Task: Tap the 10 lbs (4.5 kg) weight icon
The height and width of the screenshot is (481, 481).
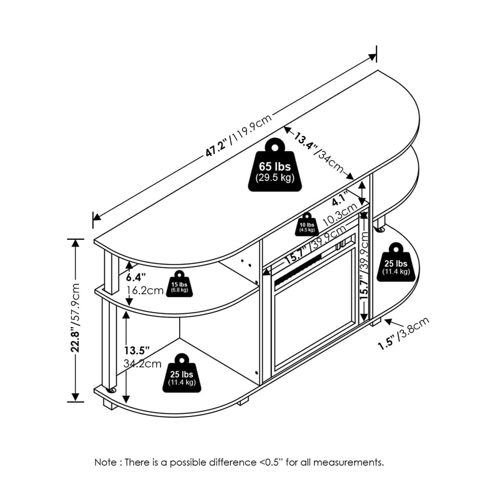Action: click(x=307, y=224)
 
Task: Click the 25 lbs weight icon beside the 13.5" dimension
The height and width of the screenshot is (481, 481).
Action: click(x=181, y=373)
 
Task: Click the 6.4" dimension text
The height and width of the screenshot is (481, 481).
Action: click(x=136, y=277)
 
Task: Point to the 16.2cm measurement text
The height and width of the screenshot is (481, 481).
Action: click(x=144, y=290)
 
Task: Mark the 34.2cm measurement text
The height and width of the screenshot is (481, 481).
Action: click(x=143, y=364)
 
